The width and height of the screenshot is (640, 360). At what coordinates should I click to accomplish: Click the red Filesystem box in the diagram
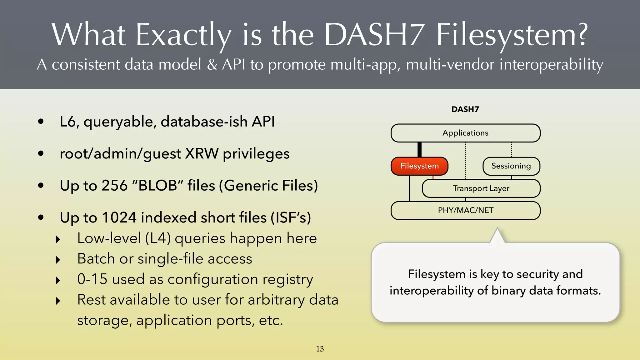pyautogui.click(x=419, y=166)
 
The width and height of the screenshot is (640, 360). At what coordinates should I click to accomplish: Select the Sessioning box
pyautogui.click(x=511, y=166)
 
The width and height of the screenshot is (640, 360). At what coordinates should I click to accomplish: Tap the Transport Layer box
pyautogui.click(x=481, y=188)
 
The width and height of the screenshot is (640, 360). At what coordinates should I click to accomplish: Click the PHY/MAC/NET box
pyautogui.click(x=465, y=210)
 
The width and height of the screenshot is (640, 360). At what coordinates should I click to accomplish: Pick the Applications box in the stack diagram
pyautogui.click(x=465, y=133)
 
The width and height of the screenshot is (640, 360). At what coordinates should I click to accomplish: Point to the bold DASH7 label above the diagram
pyautogui.click(x=465, y=109)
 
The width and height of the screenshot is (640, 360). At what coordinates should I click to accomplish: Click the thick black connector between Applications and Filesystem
pyautogui.click(x=419, y=149)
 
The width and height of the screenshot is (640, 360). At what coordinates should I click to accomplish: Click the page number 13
pyautogui.click(x=320, y=349)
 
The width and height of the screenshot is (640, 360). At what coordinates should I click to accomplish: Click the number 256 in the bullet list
pyautogui.click(x=115, y=186)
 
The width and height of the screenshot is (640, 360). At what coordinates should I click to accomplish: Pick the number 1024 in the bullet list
pyautogui.click(x=119, y=217)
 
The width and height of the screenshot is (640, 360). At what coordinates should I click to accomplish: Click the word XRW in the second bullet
pyautogui.click(x=202, y=154)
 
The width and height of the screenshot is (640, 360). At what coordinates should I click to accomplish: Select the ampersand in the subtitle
pyautogui.click(x=212, y=64)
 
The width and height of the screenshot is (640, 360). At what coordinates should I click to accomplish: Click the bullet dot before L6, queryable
pyautogui.click(x=41, y=122)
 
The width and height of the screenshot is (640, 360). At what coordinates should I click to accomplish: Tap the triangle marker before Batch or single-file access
pyautogui.click(x=58, y=260)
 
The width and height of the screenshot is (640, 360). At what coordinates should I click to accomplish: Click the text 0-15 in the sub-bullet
pyautogui.click(x=92, y=279)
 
